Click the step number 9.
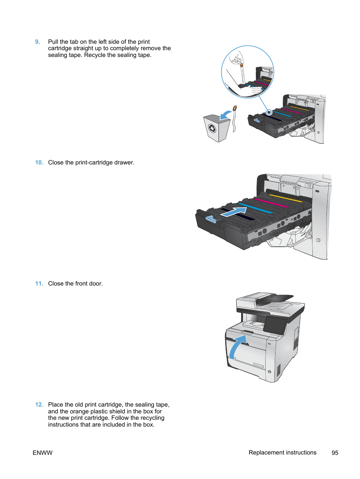pyautogui.click(x=37, y=42)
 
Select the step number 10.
pyautogui.click(x=39, y=163)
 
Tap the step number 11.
pyautogui.click(x=39, y=284)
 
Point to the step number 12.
pyautogui.click(x=39, y=405)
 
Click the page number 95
pyautogui.click(x=335, y=453)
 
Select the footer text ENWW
pyautogui.click(x=43, y=453)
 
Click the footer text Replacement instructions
pyautogui.click(x=282, y=453)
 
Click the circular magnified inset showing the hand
pyautogui.click(x=247, y=72)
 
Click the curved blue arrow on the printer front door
pyautogui.click(x=237, y=346)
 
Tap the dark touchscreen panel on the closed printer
pyautogui.click(x=275, y=325)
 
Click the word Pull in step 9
pyautogui.click(x=53, y=42)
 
